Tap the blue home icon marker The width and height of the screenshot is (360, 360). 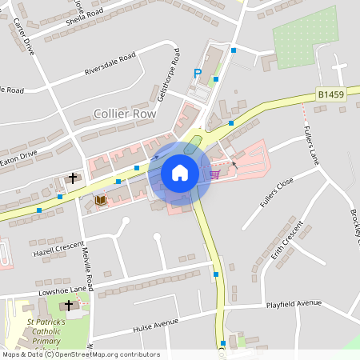pyautogui.click(x=180, y=172)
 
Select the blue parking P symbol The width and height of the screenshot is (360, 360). pyautogui.click(x=198, y=74)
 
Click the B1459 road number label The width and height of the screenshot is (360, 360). pyautogui.click(x=330, y=94)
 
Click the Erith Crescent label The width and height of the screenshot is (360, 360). pyautogui.click(x=290, y=241)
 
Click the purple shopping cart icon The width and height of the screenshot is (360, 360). pyautogui.click(x=214, y=174)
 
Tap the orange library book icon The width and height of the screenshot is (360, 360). pyautogui.click(x=101, y=199)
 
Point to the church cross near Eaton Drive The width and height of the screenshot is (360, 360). pyautogui.click(x=73, y=178)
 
